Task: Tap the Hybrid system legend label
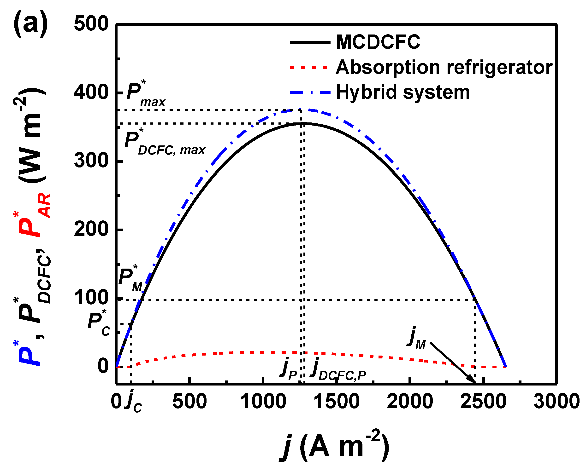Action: pyautogui.click(x=403, y=92)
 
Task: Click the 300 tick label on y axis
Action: pyautogui.click(x=91, y=161)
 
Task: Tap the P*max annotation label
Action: pyautogui.click(x=146, y=94)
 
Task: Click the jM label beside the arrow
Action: pyautogui.click(x=416, y=339)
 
